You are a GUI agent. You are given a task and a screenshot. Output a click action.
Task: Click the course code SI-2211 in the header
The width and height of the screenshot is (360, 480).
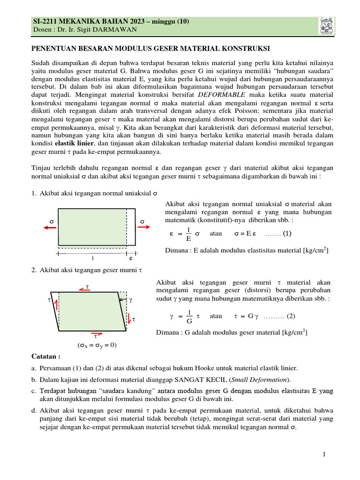point(45,22)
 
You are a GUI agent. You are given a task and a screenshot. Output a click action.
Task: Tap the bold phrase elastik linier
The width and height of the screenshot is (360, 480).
point(75,143)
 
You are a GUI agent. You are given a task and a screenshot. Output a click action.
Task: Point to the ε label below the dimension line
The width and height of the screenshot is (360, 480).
point(131,258)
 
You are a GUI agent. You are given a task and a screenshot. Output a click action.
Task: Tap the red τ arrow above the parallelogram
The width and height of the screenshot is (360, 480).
point(85,290)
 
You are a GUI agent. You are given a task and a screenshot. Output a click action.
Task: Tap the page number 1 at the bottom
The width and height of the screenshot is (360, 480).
point(323,454)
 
